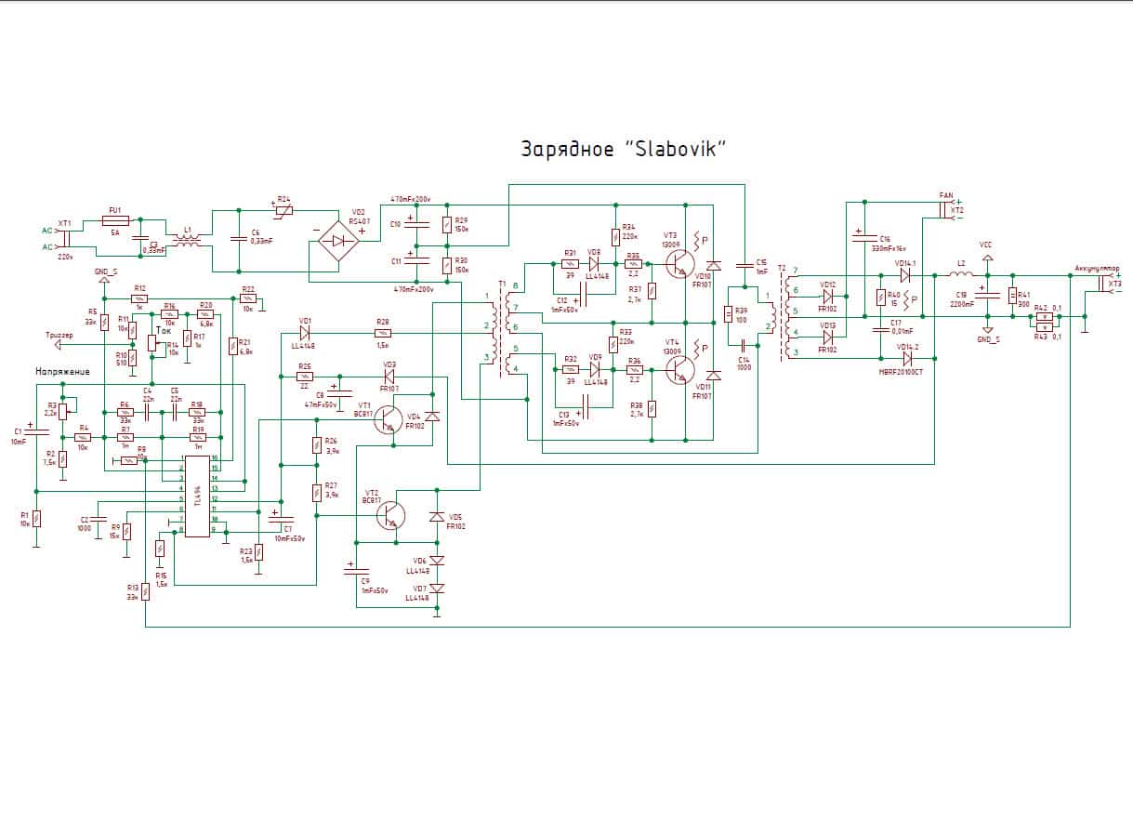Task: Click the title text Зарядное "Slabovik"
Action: (622, 149)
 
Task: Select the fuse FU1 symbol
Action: (115, 220)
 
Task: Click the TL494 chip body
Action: (197, 496)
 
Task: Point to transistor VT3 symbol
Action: (680, 264)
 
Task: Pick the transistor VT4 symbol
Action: (680, 370)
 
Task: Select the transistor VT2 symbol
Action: (391, 515)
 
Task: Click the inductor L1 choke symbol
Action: (188, 241)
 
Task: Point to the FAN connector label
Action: (946, 195)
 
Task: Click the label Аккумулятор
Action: (1097, 269)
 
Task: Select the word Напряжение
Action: (63, 372)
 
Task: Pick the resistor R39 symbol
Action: (728, 314)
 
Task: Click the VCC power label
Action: (987, 245)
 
